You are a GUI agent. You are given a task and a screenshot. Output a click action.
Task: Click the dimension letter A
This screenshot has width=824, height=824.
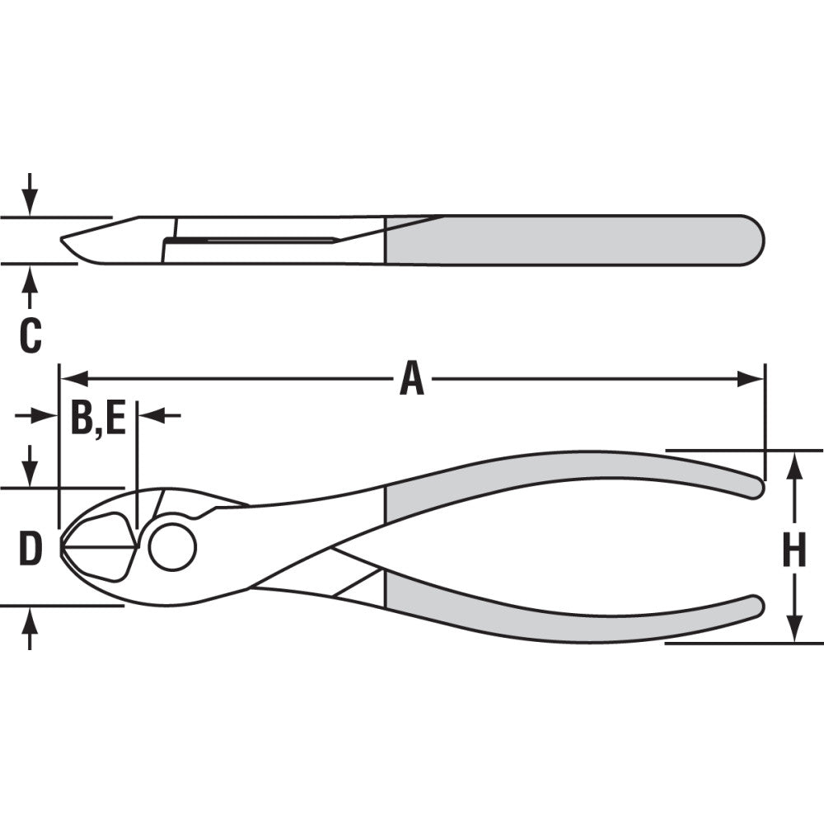pyautogui.click(x=411, y=380)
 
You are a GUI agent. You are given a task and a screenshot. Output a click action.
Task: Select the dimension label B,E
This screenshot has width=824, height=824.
pyautogui.click(x=97, y=418)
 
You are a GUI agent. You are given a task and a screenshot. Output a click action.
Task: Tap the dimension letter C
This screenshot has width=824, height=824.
pyautogui.click(x=30, y=336)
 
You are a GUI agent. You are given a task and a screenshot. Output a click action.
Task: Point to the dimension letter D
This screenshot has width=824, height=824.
pyautogui.click(x=30, y=550)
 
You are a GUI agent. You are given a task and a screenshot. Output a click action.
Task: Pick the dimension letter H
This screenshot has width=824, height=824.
pyautogui.click(x=794, y=550)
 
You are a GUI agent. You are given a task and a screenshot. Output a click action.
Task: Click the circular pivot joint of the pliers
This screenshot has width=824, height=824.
pyautogui.click(x=172, y=546)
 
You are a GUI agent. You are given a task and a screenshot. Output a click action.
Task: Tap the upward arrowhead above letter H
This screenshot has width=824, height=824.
pyautogui.click(x=794, y=465)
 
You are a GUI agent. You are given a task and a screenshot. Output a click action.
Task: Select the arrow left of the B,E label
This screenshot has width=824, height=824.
pyautogui.click(x=45, y=416)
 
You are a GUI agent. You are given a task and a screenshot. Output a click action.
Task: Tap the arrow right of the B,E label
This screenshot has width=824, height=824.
pyautogui.click(x=152, y=416)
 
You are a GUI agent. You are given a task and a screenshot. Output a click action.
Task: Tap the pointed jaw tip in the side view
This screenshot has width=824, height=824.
pyautogui.click(x=63, y=240)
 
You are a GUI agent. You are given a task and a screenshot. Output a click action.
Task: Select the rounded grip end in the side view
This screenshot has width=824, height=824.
pyautogui.click(x=758, y=240)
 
